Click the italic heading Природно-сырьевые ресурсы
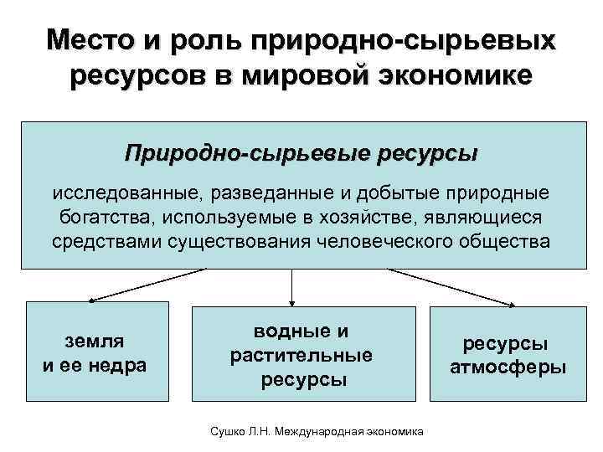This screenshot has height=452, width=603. pos(301,154)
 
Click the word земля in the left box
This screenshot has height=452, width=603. pos(95,341)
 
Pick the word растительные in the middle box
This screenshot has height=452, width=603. pos(301,356)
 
